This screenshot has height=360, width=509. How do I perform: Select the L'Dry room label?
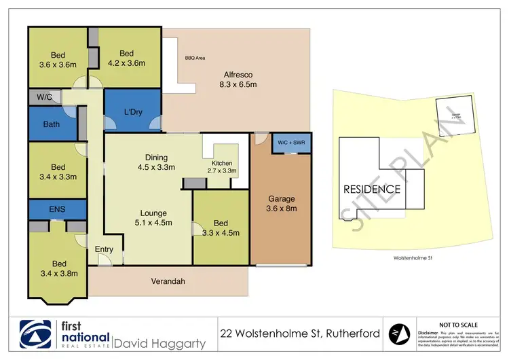click(x=132, y=111)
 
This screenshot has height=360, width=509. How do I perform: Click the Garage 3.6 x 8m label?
click(x=281, y=204)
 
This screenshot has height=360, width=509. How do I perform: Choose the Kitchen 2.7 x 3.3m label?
click(x=222, y=167)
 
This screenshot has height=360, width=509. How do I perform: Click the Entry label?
click(x=105, y=249)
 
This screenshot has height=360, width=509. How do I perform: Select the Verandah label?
click(x=169, y=281)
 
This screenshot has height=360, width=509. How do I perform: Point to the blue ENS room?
click(x=58, y=210)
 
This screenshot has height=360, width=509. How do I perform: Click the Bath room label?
click(x=52, y=125)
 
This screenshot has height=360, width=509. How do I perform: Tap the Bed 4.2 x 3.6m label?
click(x=128, y=58)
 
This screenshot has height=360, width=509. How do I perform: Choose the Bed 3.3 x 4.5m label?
click(x=221, y=228)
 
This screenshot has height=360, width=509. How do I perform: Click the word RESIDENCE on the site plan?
click(x=371, y=189)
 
